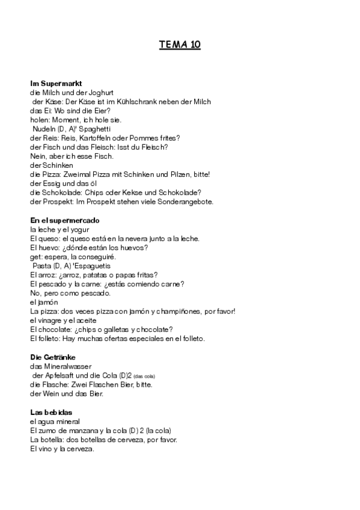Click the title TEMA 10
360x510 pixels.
click(180, 45)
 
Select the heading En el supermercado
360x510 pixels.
click(65, 221)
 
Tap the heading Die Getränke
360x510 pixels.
click(54, 357)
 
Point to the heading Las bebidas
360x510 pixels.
click(51, 412)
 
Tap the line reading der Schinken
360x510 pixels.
click(52, 165)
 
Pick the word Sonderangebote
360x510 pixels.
click(184, 201)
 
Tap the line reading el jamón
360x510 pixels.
click(46, 302)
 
